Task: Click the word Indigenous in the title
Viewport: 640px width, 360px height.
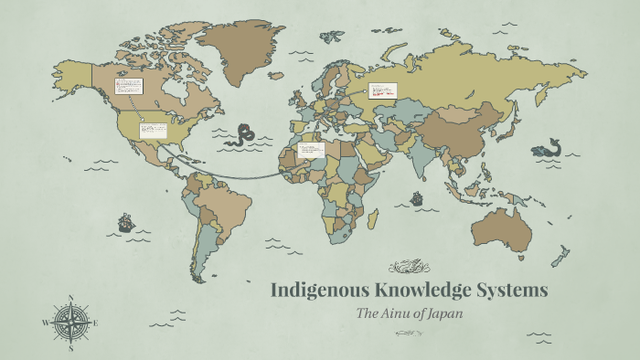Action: [317, 291]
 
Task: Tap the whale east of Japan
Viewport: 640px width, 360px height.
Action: [547, 147]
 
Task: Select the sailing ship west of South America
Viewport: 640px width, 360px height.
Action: [125, 222]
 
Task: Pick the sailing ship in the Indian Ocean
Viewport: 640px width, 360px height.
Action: [417, 197]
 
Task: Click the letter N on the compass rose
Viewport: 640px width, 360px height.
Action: [70, 298]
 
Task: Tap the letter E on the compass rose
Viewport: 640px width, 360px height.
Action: [95, 323]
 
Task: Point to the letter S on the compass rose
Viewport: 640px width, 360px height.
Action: [70, 347]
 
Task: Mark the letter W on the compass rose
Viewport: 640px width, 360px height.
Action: [45, 323]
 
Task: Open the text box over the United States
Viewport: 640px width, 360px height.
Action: [153, 131]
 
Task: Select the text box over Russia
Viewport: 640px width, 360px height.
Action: [381, 90]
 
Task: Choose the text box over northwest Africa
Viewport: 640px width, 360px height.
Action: [311, 150]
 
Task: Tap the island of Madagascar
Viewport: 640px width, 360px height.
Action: [373, 219]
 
